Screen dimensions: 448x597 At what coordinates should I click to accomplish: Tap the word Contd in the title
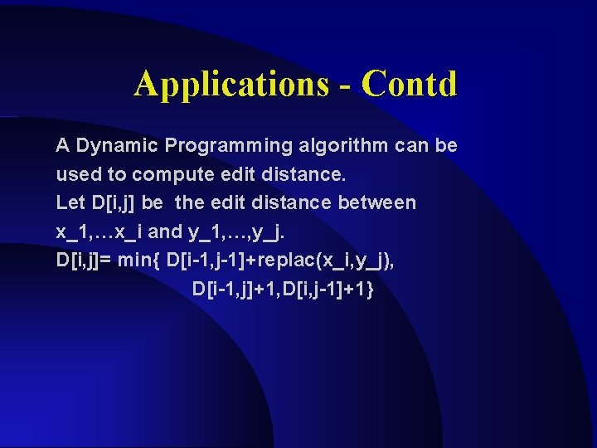(410, 84)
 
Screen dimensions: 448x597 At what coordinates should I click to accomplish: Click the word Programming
(229, 146)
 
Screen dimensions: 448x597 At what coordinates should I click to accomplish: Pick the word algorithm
(344, 146)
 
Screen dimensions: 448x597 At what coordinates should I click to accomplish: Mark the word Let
(70, 203)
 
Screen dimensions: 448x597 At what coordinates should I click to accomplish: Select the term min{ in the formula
(139, 260)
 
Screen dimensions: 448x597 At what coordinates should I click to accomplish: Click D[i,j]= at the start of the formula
(84, 260)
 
